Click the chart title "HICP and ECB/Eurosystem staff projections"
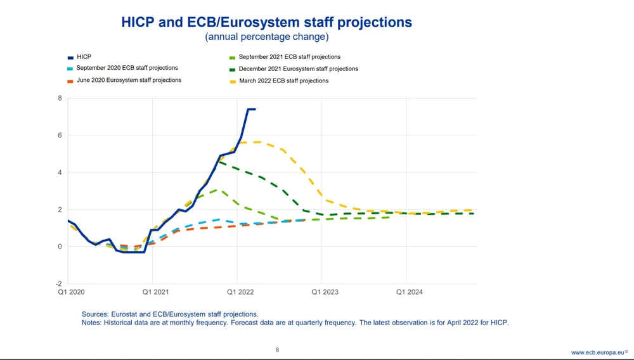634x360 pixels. point(266,23)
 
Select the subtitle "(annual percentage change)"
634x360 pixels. point(266,37)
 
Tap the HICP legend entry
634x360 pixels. point(84,57)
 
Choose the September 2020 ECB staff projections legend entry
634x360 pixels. point(127,68)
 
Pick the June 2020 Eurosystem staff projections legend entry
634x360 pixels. point(129,80)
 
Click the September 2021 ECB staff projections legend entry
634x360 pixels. point(289,57)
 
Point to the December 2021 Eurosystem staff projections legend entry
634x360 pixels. point(298,68)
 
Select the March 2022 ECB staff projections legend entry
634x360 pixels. point(283,81)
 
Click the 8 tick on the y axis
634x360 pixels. point(60,98)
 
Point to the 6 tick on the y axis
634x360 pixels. point(60,136)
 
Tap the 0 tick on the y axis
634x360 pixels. point(60,247)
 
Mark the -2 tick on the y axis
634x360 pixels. point(58,284)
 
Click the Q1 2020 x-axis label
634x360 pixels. point(70,293)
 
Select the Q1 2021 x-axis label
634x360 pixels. point(155,293)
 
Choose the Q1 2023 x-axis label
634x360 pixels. point(324,293)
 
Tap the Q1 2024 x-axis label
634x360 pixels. point(409,293)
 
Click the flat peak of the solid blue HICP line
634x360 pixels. point(251,109)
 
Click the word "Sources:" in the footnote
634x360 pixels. point(96,314)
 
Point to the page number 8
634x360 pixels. point(277,350)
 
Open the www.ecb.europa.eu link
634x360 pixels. point(597,352)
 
